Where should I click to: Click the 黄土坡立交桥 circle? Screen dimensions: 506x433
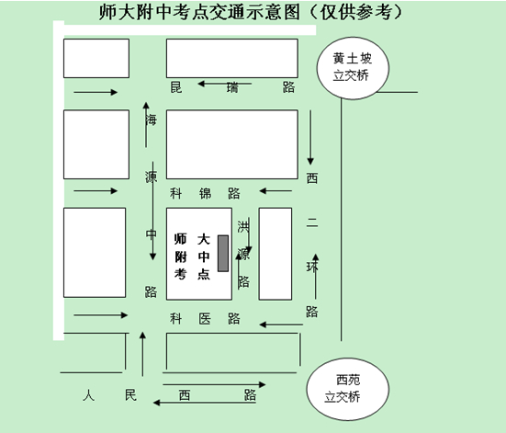coord(353,68)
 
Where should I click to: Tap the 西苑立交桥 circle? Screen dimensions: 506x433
coord(348,389)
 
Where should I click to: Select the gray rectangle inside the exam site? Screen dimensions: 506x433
coord(223,254)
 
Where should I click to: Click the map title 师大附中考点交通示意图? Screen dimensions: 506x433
coord(199,12)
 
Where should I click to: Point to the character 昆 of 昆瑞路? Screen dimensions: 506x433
coord(176,87)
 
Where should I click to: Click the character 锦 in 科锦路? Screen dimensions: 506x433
coord(205,194)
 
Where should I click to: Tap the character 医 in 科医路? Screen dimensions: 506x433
coord(205,319)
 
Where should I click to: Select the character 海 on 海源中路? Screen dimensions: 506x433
coord(151,120)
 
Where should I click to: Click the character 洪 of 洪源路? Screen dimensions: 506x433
coord(243,226)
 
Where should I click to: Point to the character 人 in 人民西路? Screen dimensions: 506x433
coord(88,395)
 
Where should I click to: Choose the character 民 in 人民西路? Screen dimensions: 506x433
coord(130,395)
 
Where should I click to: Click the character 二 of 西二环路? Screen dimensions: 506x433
coord(312,222)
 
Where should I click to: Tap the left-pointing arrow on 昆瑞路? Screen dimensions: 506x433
coord(225,84)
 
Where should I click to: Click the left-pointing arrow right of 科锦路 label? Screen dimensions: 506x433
coord(275,191)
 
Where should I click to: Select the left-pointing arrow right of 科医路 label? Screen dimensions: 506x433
coord(281,325)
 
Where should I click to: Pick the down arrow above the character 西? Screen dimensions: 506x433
coord(310,138)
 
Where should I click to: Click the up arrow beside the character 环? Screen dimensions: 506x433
coord(316,277)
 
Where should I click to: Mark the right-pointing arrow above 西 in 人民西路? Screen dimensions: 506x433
coord(214,384)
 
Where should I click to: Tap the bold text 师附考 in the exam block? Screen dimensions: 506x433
coord(180,256)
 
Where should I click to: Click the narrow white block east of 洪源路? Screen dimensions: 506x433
coord(275,254)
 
